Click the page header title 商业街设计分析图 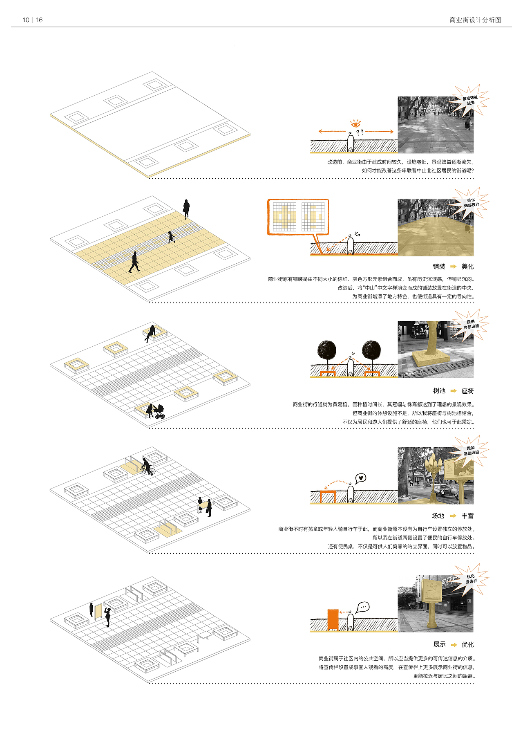coord(475,20)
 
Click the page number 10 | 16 coord(33,20)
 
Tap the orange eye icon coord(355,123)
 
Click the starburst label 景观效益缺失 coord(470,100)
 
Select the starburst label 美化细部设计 coord(471,203)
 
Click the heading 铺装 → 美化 coord(453,267)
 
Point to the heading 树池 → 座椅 coord(453,391)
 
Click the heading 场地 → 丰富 coord(453,516)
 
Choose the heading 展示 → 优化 coord(453,644)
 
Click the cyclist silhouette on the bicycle coord(147,467)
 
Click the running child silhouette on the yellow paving coord(171,237)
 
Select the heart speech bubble coord(360,478)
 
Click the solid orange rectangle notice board coord(333,620)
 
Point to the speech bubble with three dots coord(362,608)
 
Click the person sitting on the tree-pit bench coord(150,332)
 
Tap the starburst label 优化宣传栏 coord(471,579)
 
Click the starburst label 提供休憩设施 coord(471,324)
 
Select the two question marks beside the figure coord(360,132)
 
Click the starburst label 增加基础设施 coord(471,451)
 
